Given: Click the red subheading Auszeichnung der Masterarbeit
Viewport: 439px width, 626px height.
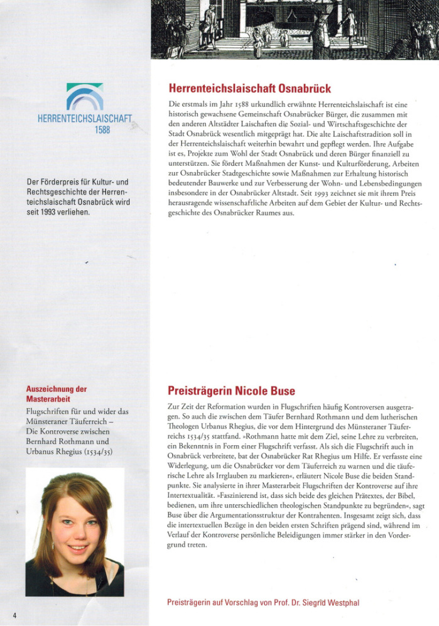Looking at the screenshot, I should pyautogui.click(x=57, y=394).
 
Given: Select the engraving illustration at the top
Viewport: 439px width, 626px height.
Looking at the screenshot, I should pyautogui.click(x=295, y=28).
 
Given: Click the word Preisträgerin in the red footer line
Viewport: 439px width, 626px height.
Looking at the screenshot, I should pyautogui.click(x=190, y=603).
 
